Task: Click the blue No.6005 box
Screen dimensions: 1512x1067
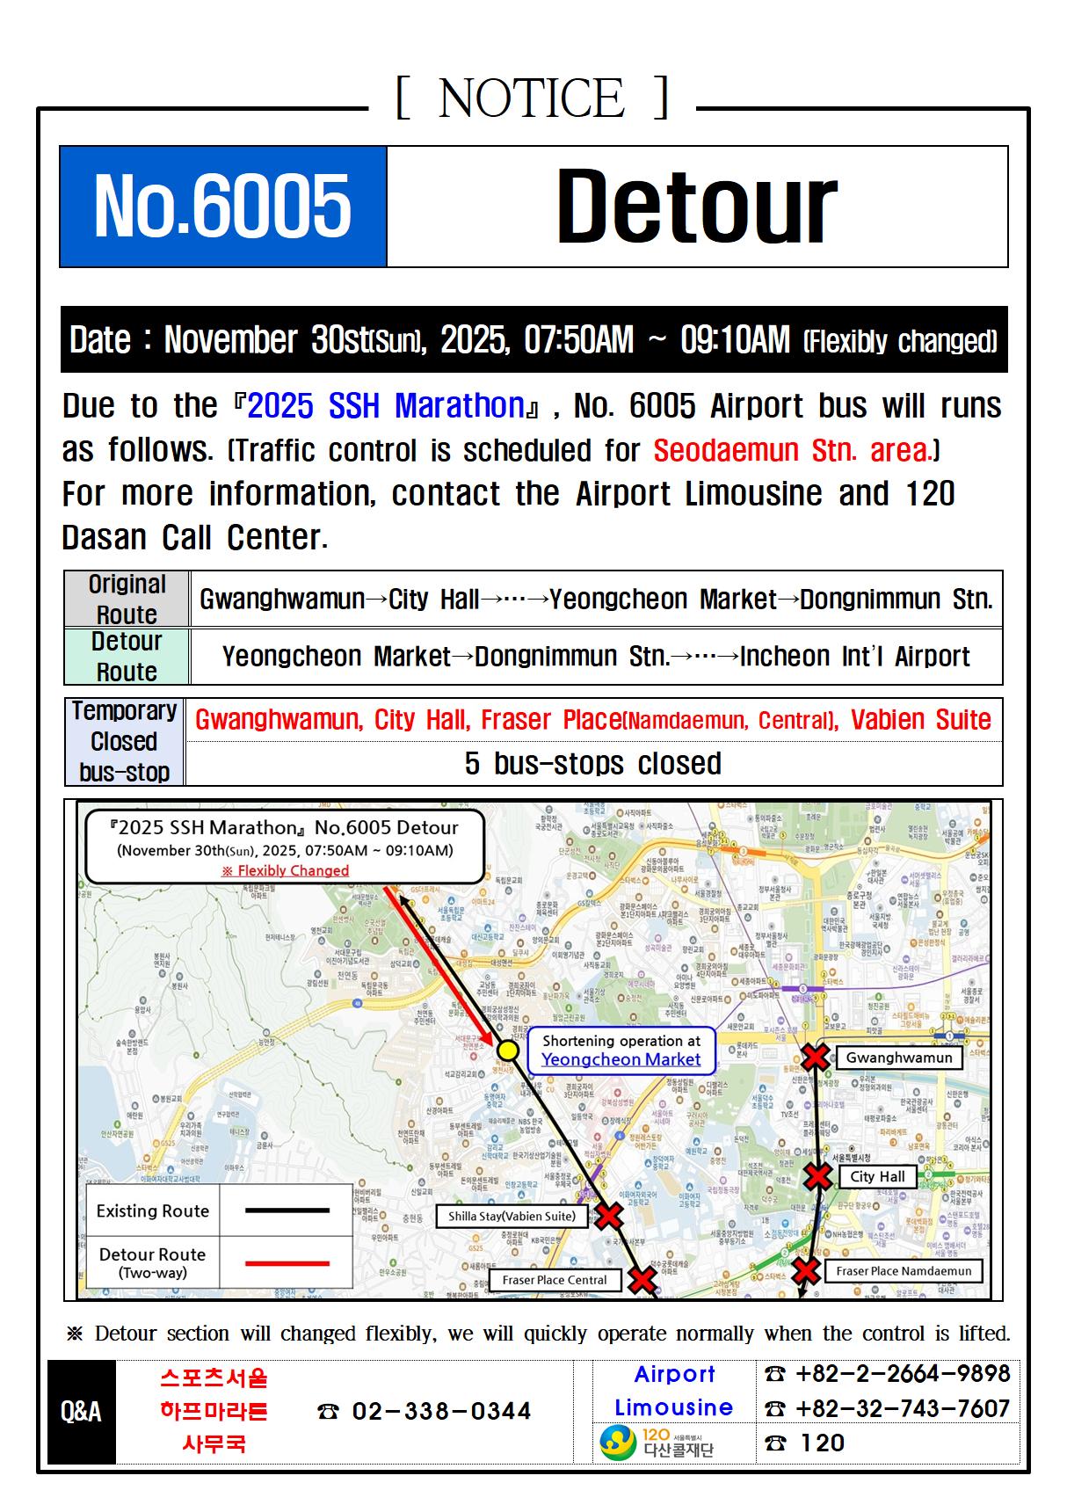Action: [223, 207]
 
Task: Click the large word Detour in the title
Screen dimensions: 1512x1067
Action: [696, 207]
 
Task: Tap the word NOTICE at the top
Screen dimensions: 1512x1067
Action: [532, 98]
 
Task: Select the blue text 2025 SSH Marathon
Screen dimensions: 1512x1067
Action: [387, 406]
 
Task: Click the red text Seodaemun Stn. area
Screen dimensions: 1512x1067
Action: [792, 450]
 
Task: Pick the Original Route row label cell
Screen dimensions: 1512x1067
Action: [127, 599]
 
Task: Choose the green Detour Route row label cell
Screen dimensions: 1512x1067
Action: [127, 656]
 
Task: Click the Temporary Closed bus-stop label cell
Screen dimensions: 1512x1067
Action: [124, 741]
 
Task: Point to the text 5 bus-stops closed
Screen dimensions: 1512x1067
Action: [593, 763]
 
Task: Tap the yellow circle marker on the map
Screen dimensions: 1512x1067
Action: [507, 1050]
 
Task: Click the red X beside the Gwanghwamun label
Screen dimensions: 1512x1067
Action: [815, 1057]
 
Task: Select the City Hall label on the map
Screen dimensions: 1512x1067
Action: [877, 1176]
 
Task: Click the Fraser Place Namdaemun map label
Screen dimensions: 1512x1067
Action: [904, 1270]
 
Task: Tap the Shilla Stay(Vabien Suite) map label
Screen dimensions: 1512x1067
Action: [512, 1216]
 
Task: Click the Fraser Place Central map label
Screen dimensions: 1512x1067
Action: [555, 1280]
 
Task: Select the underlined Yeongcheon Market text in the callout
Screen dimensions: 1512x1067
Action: [621, 1059]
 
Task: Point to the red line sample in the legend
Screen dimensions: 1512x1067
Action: [287, 1263]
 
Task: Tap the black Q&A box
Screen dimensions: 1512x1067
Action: [81, 1412]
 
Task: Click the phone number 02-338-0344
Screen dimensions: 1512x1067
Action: [440, 1412]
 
